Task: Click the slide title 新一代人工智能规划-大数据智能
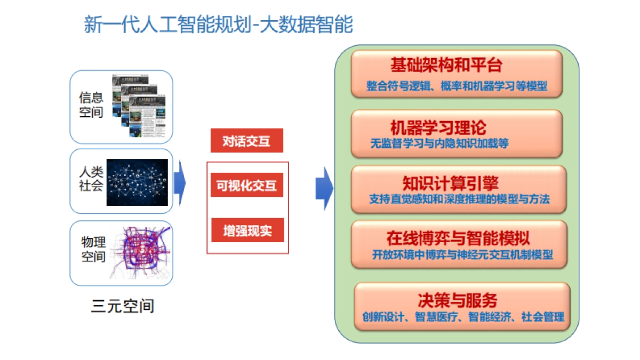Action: click(x=218, y=25)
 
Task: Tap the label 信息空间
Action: click(x=91, y=105)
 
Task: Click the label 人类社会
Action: click(x=91, y=179)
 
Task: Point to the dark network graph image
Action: click(x=137, y=182)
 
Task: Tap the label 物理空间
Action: click(x=93, y=249)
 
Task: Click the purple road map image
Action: click(x=140, y=252)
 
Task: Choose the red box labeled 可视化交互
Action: click(x=246, y=185)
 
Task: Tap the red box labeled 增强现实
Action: click(x=247, y=230)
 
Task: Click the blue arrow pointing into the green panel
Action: click(x=324, y=188)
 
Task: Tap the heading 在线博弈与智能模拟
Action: click(x=458, y=238)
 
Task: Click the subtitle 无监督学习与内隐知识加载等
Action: click(x=439, y=143)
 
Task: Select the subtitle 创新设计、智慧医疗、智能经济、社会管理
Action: click(x=462, y=317)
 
